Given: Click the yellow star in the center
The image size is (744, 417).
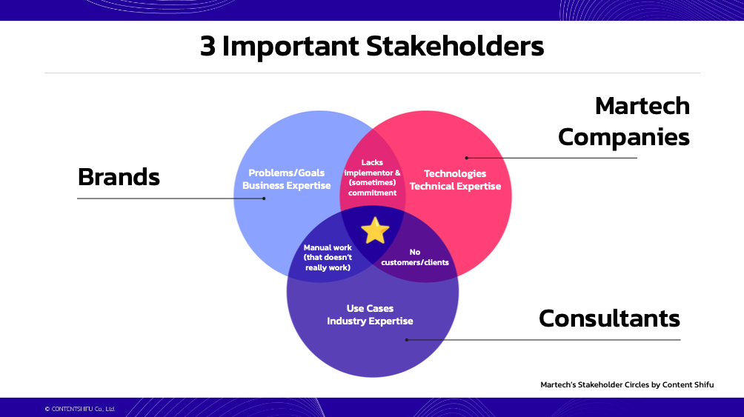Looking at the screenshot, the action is point(375,230).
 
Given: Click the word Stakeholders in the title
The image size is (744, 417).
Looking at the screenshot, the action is point(454,47).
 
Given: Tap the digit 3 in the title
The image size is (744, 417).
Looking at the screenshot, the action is point(207,47).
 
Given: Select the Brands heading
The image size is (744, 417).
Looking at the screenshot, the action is point(119,177).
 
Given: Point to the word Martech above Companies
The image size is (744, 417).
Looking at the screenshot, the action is point(642,106).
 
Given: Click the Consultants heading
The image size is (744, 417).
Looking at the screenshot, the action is point(609,318).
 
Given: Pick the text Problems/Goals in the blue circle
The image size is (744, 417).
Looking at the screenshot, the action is point(286,173).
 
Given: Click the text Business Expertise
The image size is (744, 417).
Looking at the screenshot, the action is point(286,185).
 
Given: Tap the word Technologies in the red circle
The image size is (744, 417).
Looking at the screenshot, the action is point(454,173).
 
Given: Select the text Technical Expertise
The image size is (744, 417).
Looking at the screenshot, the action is point(455,186).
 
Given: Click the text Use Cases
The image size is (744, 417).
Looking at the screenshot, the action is point(370,308).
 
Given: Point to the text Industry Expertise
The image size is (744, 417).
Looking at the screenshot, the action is point(370,321).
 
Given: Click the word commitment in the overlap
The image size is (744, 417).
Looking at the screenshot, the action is point(372,193).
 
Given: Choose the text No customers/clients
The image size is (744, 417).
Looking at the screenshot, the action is point(415,257).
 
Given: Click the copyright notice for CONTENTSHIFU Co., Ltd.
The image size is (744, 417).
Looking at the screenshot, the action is point(80,409).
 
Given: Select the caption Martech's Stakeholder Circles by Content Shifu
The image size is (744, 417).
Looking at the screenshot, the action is point(627,384).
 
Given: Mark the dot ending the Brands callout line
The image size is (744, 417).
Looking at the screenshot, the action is point(264,199).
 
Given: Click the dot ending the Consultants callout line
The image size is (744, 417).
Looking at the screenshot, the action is point(407,340).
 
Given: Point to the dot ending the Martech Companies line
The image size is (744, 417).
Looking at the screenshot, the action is point(466,158).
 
